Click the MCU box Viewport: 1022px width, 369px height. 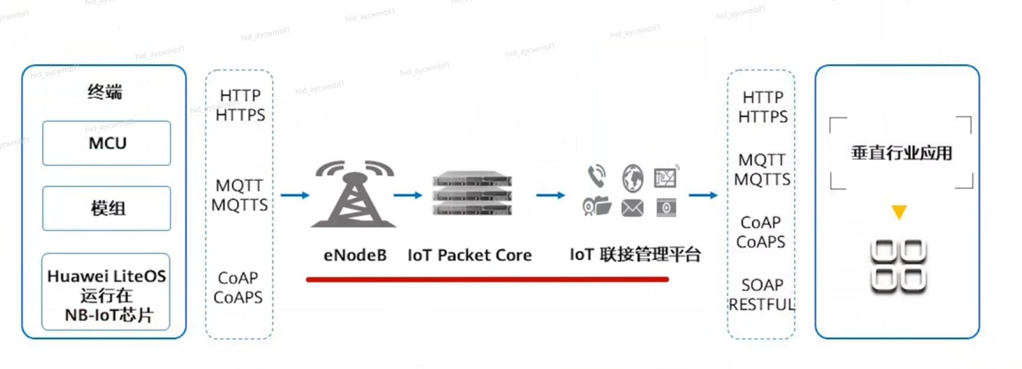pyautogui.click(x=107, y=143)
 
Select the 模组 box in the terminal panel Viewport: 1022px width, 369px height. pyautogui.click(x=107, y=209)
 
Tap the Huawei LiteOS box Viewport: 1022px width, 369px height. pyautogui.click(x=106, y=292)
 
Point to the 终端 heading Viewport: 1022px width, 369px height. pyautogui.click(x=105, y=92)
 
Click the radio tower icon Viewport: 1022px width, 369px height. pyautogui.click(x=354, y=194)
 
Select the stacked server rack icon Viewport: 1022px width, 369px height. pyautogui.click(x=472, y=193)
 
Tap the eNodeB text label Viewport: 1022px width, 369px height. pyautogui.click(x=355, y=255)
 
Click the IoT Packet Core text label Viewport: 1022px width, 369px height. pyautogui.click(x=470, y=255)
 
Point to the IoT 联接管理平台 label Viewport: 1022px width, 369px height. pyautogui.click(x=635, y=254)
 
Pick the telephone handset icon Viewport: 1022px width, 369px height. pyautogui.click(x=597, y=176)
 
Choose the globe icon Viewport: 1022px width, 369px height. pyautogui.click(x=632, y=178)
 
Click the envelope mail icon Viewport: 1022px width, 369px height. pyautogui.click(x=632, y=208)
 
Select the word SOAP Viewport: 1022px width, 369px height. pyautogui.click(x=762, y=285)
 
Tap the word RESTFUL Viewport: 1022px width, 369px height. pyautogui.click(x=762, y=304)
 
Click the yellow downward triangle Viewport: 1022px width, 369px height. pyautogui.click(x=899, y=212)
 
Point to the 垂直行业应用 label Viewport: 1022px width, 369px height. pyautogui.click(x=902, y=153)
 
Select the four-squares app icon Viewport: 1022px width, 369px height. pyautogui.click(x=899, y=266)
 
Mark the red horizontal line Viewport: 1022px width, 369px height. pyautogui.click(x=487, y=280)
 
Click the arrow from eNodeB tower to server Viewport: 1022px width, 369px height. pyautogui.click(x=408, y=195)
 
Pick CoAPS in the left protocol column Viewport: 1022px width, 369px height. pyautogui.click(x=238, y=297)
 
